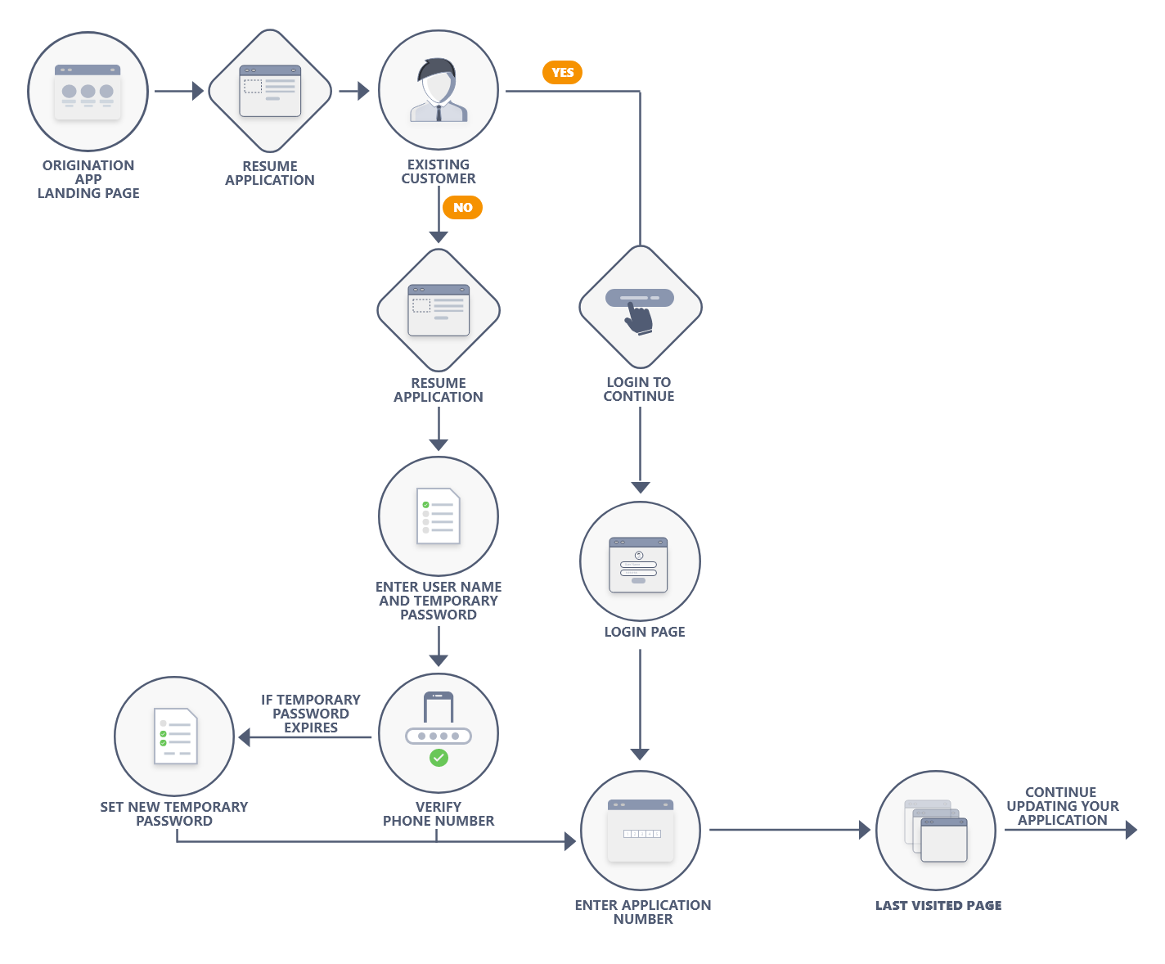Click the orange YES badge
pos(562,73)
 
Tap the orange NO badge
pos(462,208)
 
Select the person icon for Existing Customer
pos(439,90)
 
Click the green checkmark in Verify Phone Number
pos(439,758)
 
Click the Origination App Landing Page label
pos(88,179)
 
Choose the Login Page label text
pos(645,631)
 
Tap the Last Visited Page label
pos(938,905)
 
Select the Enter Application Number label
pos(643,912)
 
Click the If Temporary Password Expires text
pos(311,714)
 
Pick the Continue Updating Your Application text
pos(1063,806)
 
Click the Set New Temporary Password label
pos(174,813)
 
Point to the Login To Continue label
pos(639,389)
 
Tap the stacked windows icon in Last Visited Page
pos(936,831)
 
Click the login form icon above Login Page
pos(638,565)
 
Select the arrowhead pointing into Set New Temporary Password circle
pos(244,737)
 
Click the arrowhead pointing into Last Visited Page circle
pos(864,830)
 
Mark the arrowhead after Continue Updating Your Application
pos(1131,830)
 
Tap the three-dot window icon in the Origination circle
pos(88,92)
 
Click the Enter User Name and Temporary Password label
pos(439,600)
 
